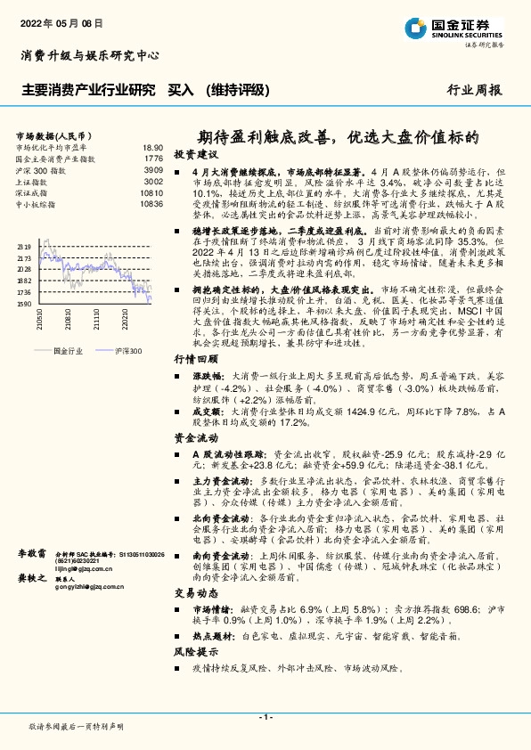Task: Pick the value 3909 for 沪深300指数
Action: [x=153, y=169]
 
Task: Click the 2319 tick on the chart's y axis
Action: [x=24, y=246]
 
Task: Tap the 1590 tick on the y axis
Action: [x=24, y=304]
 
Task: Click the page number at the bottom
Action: [x=265, y=717]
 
